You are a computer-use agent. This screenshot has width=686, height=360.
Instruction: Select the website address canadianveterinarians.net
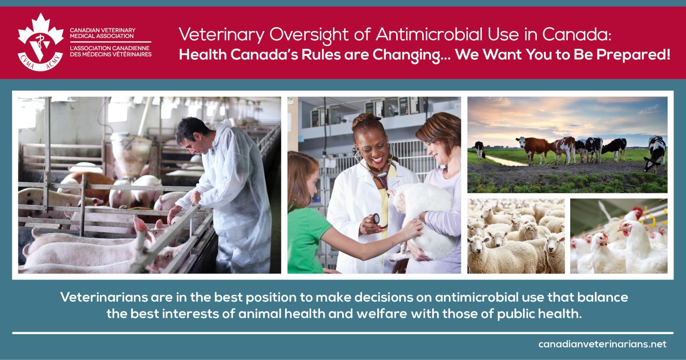602,344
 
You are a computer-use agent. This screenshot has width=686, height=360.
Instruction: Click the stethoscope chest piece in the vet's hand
376,218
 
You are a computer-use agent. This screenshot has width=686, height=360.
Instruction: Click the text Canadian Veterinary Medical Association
102,33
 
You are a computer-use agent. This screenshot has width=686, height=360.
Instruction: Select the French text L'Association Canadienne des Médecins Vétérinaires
111,51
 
